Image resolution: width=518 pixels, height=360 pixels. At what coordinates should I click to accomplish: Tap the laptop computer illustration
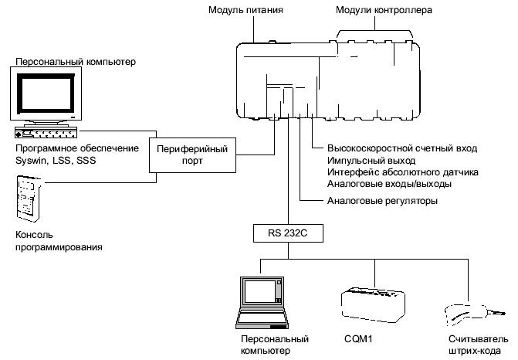pos(262,302)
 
